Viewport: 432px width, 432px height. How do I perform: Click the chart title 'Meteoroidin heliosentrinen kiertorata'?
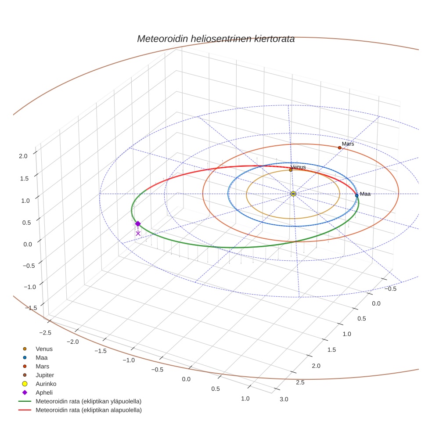216,39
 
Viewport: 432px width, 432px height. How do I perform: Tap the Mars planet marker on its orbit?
339,148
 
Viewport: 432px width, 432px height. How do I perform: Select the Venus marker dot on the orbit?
291,170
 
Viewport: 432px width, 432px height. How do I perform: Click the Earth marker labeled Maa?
356,195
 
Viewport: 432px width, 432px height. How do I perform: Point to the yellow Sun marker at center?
293,194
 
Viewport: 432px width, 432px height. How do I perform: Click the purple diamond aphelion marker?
138,223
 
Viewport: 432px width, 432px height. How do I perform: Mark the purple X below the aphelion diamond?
138,233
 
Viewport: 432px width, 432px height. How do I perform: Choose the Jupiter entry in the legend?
45,375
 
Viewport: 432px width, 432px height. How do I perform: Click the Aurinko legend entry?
46,384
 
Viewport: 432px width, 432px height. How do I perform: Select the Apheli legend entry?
44,392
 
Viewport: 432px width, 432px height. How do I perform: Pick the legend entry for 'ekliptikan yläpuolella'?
88,401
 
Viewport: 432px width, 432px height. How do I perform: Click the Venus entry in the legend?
44,349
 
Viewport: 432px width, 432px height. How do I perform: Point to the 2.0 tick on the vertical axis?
23,155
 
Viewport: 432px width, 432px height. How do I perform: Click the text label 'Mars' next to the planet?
348,144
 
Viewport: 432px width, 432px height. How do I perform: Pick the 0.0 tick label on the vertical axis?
28,244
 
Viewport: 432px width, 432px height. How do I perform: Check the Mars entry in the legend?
42,366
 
